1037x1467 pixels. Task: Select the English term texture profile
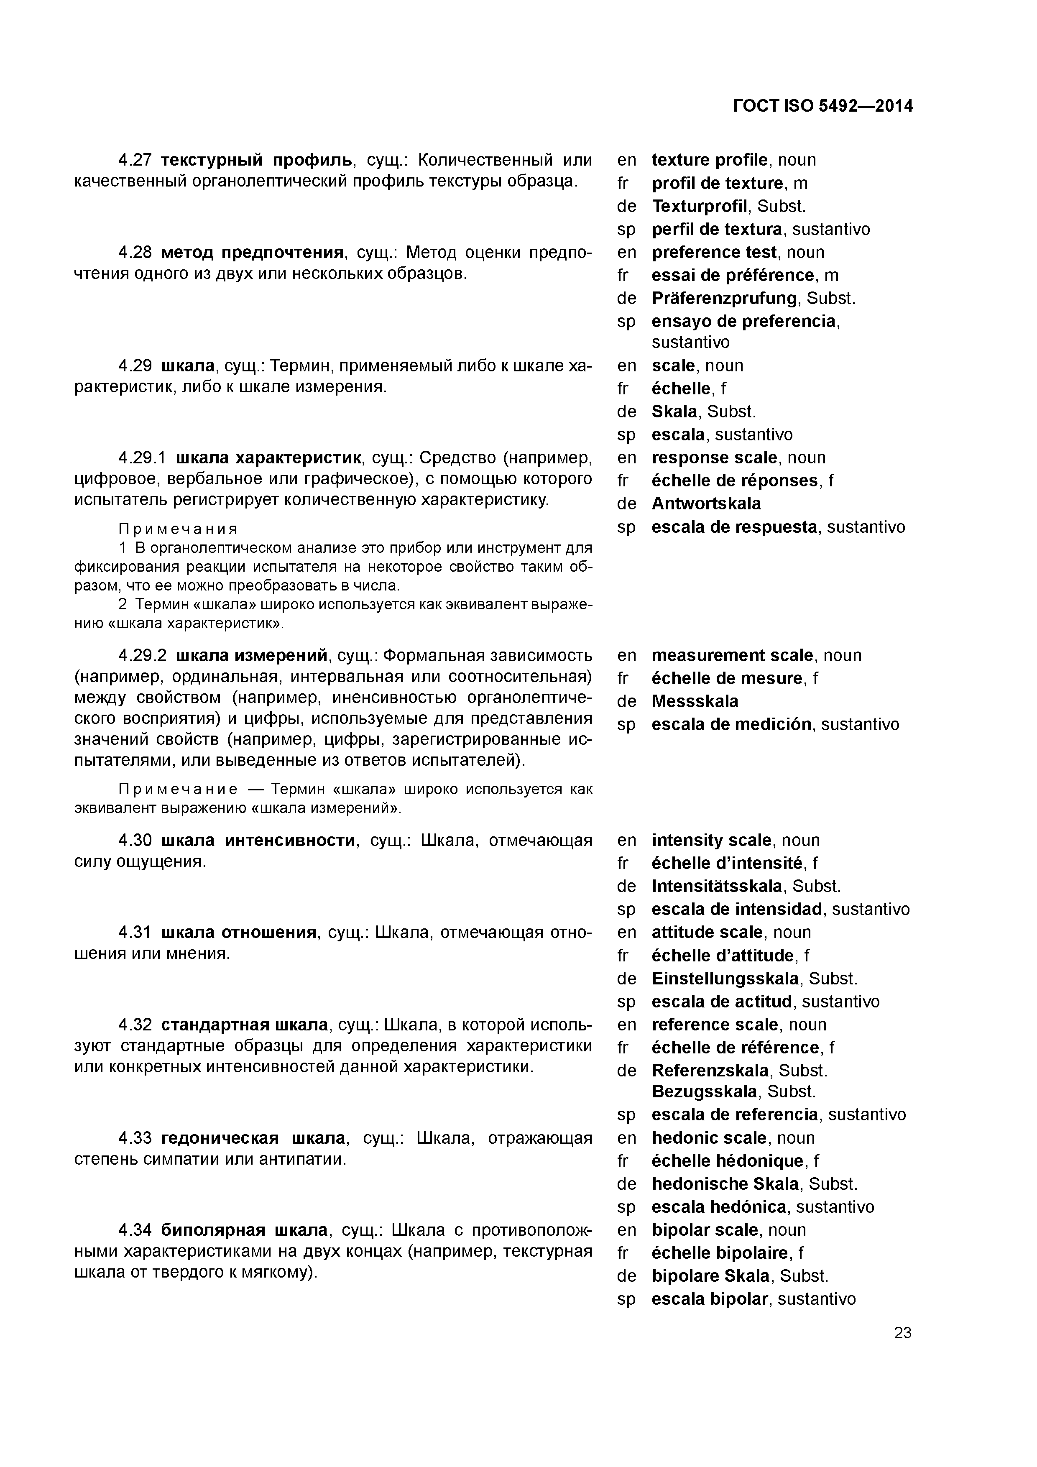[709, 160]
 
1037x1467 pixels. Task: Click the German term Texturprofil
[699, 206]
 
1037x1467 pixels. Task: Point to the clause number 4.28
[135, 253]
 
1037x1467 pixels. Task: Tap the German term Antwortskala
[706, 504]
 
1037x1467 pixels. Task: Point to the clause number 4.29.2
[143, 656]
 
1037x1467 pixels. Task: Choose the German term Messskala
[695, 702]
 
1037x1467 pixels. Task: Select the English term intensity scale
[711, 840]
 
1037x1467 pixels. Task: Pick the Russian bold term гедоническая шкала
[253, 1138]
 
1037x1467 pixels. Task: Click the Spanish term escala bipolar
[709, 1299]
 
